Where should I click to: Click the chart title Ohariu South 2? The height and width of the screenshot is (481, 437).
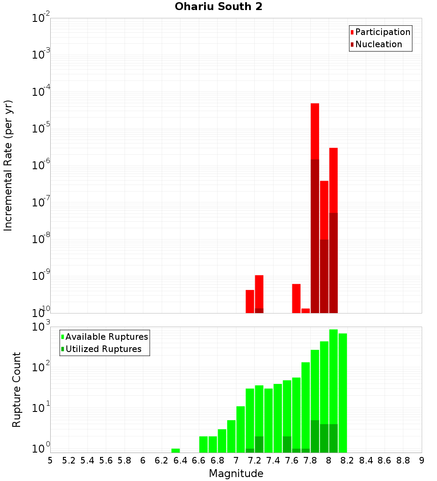218,7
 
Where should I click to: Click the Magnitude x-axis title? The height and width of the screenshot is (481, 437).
236,474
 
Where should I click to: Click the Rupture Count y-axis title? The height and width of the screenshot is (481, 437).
17,390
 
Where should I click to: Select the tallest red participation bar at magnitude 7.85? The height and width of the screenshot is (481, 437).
315,131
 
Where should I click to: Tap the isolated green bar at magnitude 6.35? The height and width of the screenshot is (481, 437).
176,450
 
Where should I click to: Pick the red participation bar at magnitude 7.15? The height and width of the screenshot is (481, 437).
250,301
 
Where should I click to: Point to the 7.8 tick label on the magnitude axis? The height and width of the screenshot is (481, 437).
310,460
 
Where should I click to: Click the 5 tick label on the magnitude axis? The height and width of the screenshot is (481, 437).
50,460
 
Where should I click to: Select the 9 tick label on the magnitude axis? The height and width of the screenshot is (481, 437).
422,460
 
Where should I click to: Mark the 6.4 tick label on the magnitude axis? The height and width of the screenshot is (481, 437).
180,460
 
